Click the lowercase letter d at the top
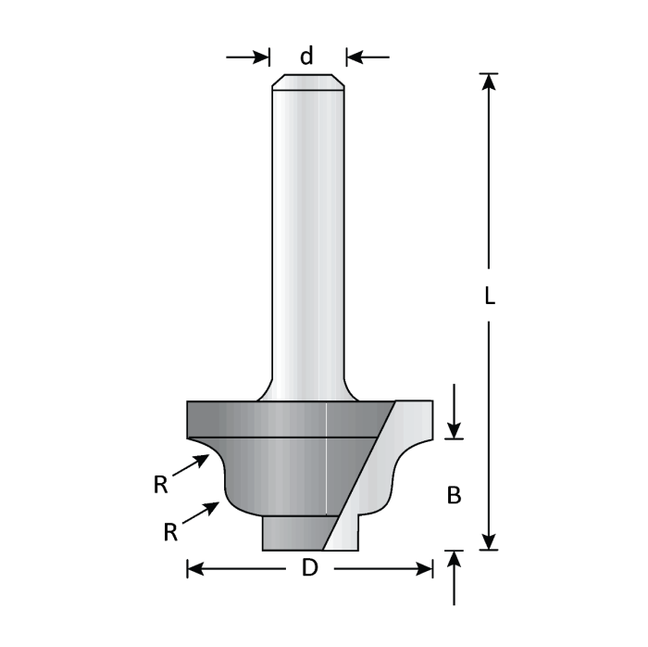click(306, 56)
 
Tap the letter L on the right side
click(491, 296)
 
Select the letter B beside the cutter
click(454, 496)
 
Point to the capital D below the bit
click(310, 568)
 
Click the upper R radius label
click(161, 482)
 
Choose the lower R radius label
click(170, 531)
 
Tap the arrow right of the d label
click(368, 57)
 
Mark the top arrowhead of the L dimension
click(491, 82)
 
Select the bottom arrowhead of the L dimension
click(491, 540)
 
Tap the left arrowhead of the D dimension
click(195, 568)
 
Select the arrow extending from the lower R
click(205, 512)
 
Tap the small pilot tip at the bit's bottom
click(294, 532)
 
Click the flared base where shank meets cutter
click(308, 389)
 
